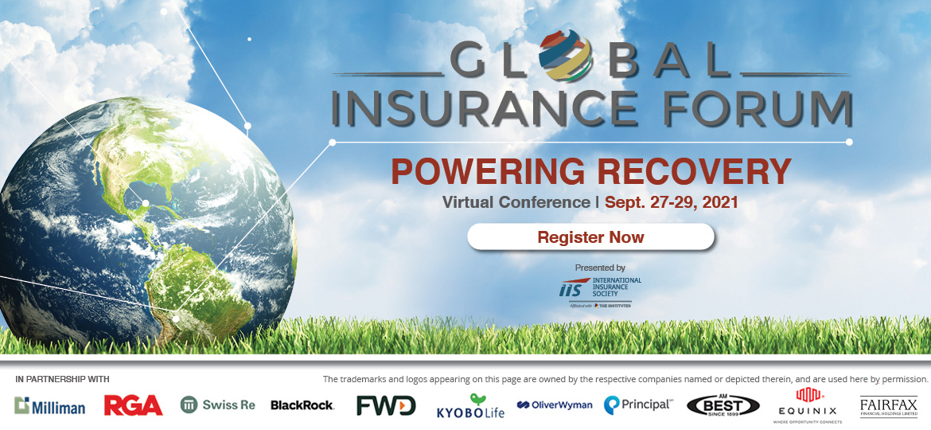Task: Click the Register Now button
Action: coord(590,237)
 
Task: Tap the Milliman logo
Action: coord(49,406)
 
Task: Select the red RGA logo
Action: coord(133,405)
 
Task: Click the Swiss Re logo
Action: coord(217,405)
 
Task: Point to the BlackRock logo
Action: coord(302,405)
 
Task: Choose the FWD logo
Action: coord(386,405)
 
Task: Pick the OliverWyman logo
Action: coord(555,405)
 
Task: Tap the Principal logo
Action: coord(637,405)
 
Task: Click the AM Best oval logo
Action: coord(723,405)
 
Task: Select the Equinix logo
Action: coord(808,405)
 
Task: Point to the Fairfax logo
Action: coord(888,407)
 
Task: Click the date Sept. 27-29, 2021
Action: coord(672,202)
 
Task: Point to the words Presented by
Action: coord(600,268)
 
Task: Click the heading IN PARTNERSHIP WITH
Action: coord(62,379)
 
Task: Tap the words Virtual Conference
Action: coord(516,202)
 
